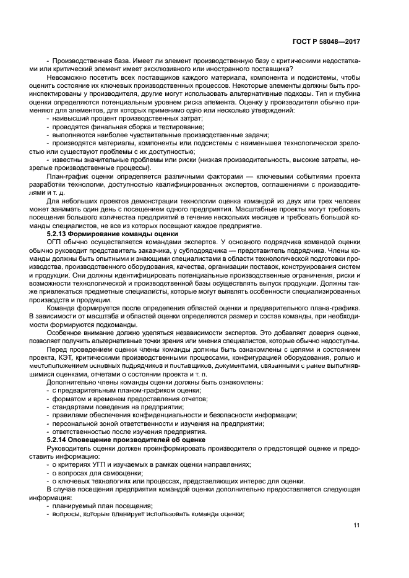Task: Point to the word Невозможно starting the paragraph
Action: pyautogui.click(x=69, y=77)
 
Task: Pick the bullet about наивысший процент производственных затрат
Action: pyautogui.click(x=126, y=117)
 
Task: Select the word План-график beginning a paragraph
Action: pyautogui.click(x=69, y=176)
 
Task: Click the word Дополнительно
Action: pyautogui.click(x=71, y=382)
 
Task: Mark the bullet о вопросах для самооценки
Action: pyautogui.click(x=91, y=472)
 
